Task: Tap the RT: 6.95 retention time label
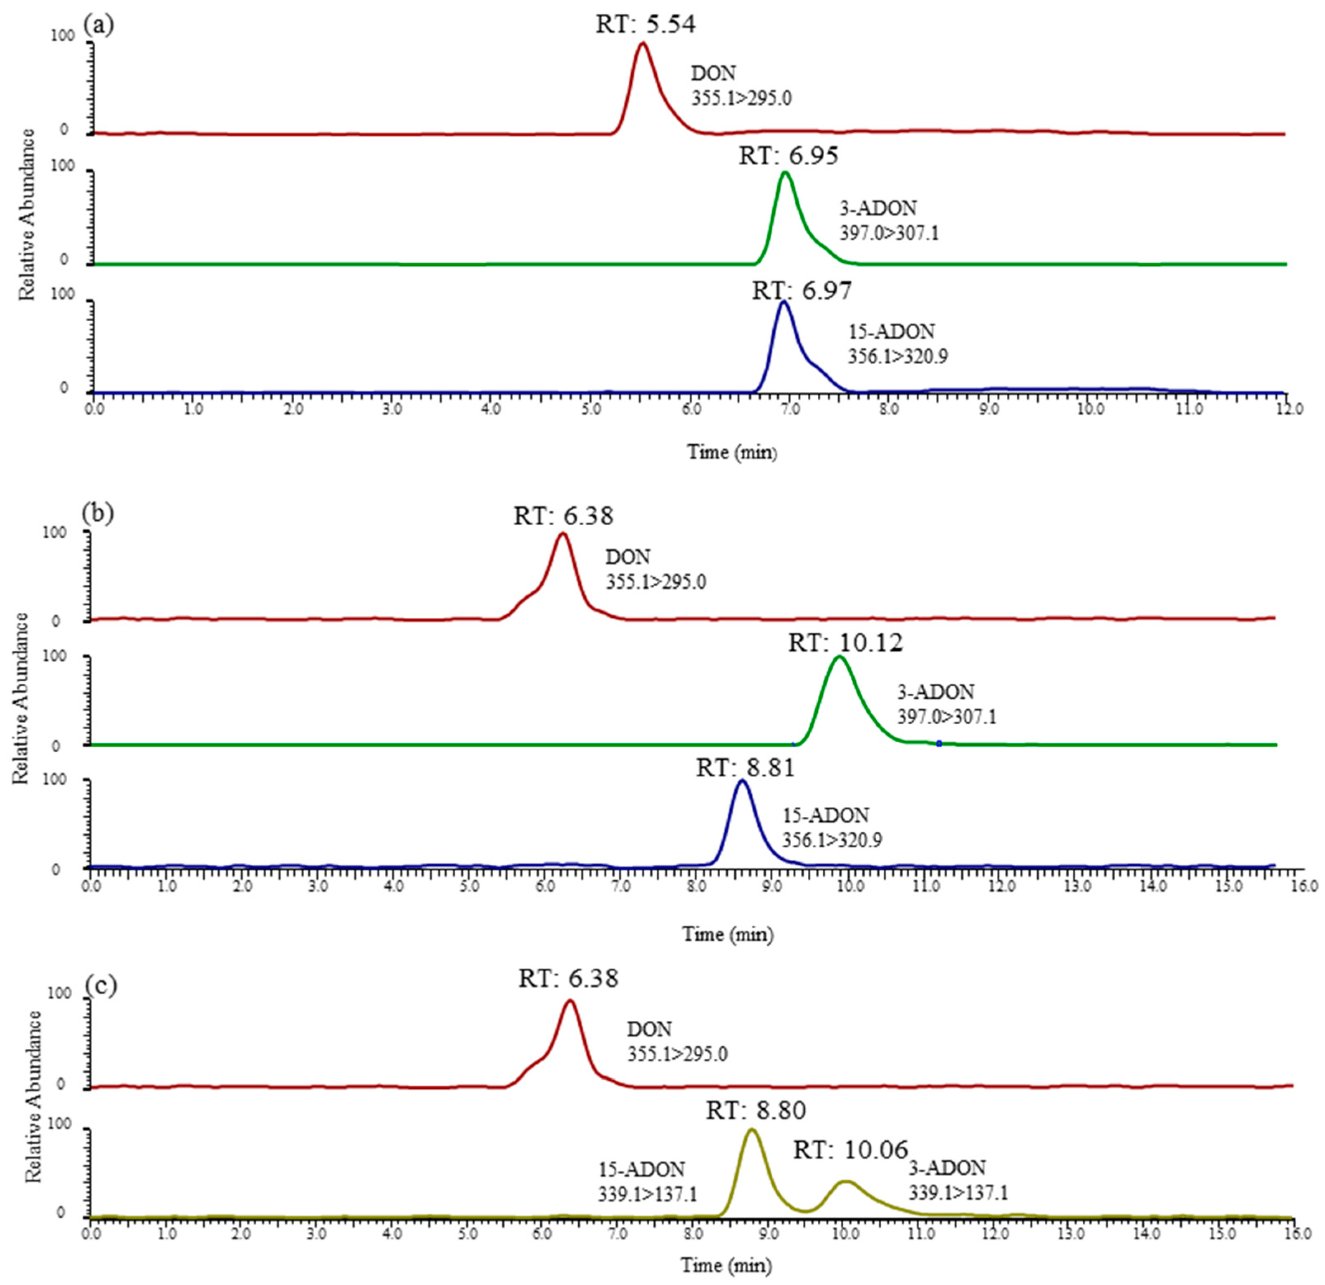tap(788, 156)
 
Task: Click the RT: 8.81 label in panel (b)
tap(745, 768)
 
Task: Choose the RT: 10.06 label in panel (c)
tap(850, 1149)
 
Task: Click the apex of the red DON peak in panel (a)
tap(643, 43)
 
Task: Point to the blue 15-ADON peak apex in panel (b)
tap(742, 780)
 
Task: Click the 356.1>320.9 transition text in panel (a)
tap(898, 356)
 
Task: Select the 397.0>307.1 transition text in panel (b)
tap(946, 717)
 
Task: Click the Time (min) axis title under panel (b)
tap(727, 935)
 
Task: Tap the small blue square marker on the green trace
tap(939, 743)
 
